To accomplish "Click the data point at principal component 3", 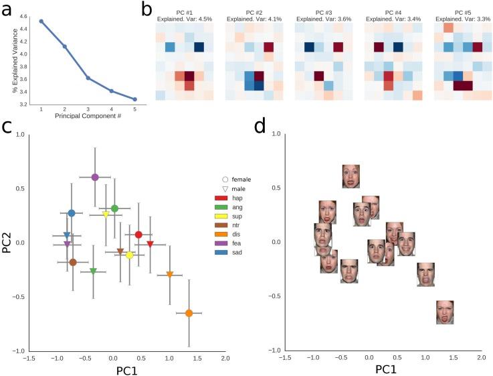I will [88, 78].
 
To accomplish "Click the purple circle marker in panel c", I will [95, 177].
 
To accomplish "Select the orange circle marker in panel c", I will [189, 313].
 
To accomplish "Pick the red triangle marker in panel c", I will [151, 243].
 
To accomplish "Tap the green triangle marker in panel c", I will [94, 271].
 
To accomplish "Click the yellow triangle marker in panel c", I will [106, 214].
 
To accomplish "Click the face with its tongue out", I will [446, 312].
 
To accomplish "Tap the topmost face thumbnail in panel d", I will [351, 176].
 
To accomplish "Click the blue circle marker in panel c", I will [72, 213].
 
